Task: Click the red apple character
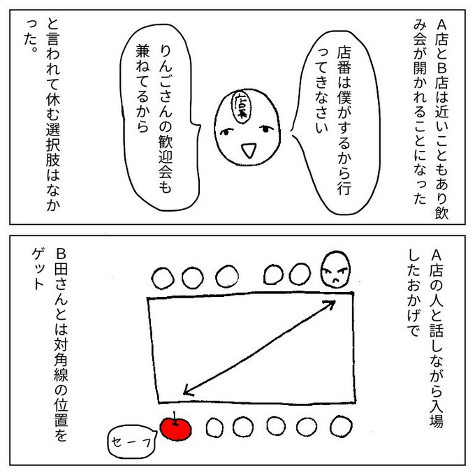pyautogui.click(x=175, y=428)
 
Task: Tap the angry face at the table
pyautogui.click(x=335, y=270)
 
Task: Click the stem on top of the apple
pyautogui.click(x=175, y=418)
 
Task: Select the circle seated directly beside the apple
pyautogui.click(x=214, y=427)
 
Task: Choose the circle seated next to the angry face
pyautogui.click(x=300, y=274)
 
